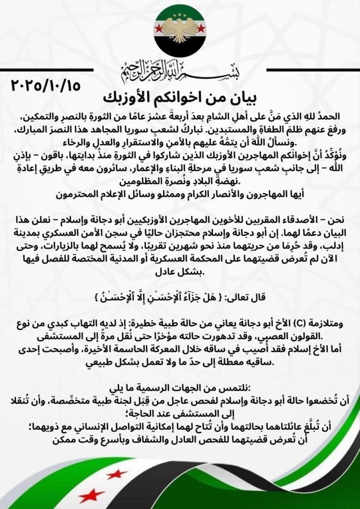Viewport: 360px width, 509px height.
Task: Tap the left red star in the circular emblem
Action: (x=160, y=28)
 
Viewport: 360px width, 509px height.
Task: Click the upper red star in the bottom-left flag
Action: (x=116, y=474)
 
